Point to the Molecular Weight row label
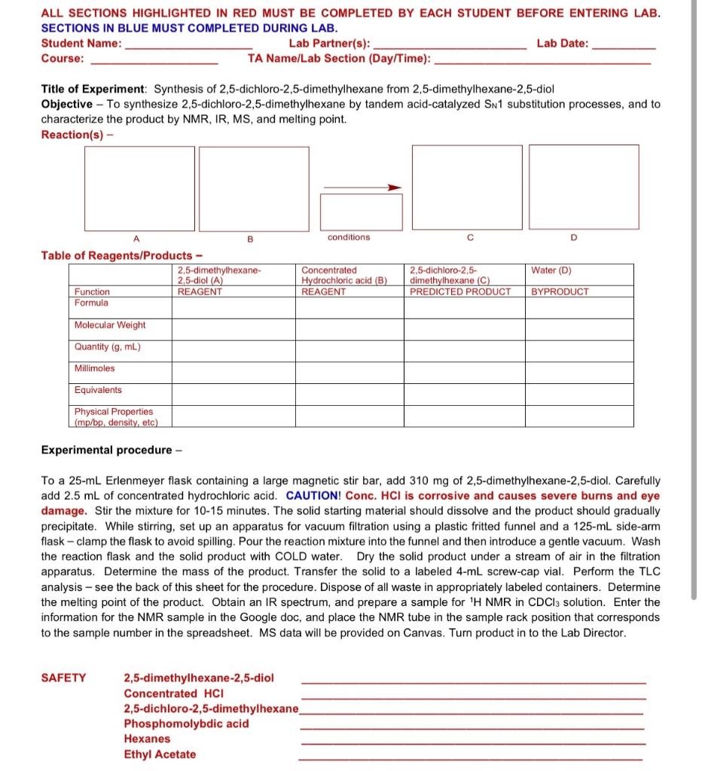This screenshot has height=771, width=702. click(x=110, y=325)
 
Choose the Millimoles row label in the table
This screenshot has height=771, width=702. click(x=95, y=368)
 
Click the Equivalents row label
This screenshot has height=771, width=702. click(x=98, y=390)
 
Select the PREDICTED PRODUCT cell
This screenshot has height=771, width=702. click(x=460, y=291)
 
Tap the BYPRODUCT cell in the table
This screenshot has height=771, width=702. click(x=560, y=291)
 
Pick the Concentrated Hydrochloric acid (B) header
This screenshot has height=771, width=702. click(x=344, y=275)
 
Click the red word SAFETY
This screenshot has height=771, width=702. click(x=63, y=678)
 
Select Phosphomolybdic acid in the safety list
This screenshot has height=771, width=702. click(x=186, y=724)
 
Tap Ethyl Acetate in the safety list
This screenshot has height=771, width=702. click(x=160, y=754)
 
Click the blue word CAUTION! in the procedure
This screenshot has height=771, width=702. click(x=314, y=495)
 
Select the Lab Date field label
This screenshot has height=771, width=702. click(x=563, y=43)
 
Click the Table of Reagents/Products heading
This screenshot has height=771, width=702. click(x=121, y=255)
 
